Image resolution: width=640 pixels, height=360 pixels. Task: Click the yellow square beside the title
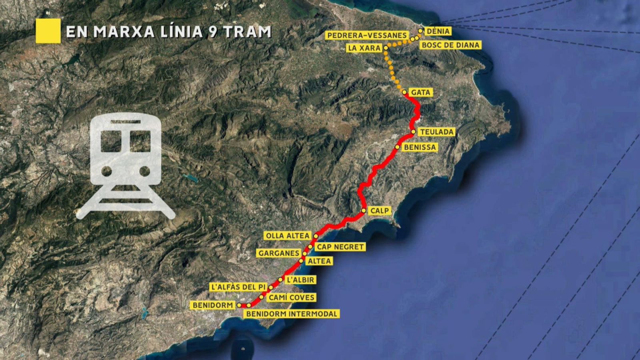pos(48,31)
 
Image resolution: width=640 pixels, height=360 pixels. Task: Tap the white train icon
pos(125,166)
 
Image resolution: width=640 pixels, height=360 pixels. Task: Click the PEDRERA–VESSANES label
pos(367,36)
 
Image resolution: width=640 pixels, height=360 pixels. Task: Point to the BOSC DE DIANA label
pos(450,45)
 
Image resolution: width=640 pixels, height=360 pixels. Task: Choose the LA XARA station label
pos(364,48)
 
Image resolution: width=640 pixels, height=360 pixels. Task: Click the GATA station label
pos(421,92)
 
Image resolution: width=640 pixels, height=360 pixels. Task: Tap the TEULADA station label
pos(437,132)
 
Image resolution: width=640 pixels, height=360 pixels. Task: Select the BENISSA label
pos(420,147)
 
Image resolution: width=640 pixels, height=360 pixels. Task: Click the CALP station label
pos(380,210)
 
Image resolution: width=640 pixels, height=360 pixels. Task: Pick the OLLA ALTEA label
pos(287,236)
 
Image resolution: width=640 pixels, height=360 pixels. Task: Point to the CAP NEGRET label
pos(340,247)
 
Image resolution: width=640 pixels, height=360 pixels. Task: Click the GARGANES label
pos(278,253)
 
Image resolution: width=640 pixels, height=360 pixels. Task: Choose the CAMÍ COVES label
pos(292,297)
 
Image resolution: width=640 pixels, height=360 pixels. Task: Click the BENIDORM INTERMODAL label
pos(292,314)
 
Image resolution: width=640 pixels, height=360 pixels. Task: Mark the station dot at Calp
pos(364,210)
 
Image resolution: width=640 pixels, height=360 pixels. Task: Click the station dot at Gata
pos(404,92)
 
